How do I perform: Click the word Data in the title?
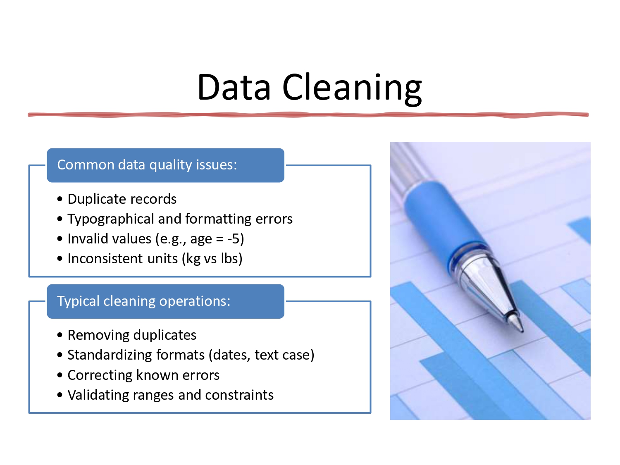click(x=234, y=87)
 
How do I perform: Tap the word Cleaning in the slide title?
click(x=352, y=88)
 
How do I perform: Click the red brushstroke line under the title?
click(x=308, y=114)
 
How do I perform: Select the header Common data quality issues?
click(x=147, y=165)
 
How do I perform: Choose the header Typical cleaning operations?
click(x=143, y=301)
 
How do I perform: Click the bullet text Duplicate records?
click(x=122, y=199)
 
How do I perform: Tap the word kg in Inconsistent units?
click(x=193, y=259)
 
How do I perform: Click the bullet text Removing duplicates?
click(x=132, y=335)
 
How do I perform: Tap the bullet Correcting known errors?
click(x=143, y=375)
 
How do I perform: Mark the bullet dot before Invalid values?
click(x=60, y=239)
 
